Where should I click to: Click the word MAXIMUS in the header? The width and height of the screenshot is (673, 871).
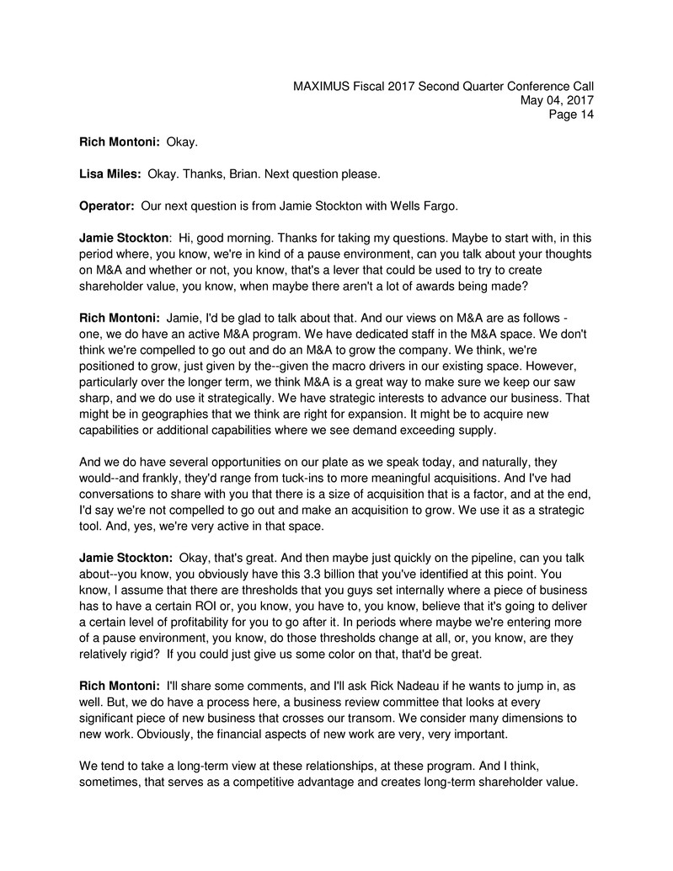[323, 85]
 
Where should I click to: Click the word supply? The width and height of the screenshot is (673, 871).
[478, 430]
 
